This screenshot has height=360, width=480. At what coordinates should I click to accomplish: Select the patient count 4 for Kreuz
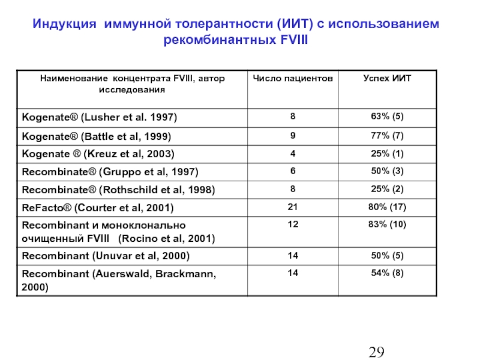pos(293,153)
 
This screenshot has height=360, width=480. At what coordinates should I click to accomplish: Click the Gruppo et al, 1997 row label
pos(110,172)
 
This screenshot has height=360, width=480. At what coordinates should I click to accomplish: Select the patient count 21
pos(293,208)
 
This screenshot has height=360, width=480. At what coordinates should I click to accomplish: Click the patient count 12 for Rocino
pos(293,224)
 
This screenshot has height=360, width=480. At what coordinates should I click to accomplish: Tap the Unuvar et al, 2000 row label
pos(106,256)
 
